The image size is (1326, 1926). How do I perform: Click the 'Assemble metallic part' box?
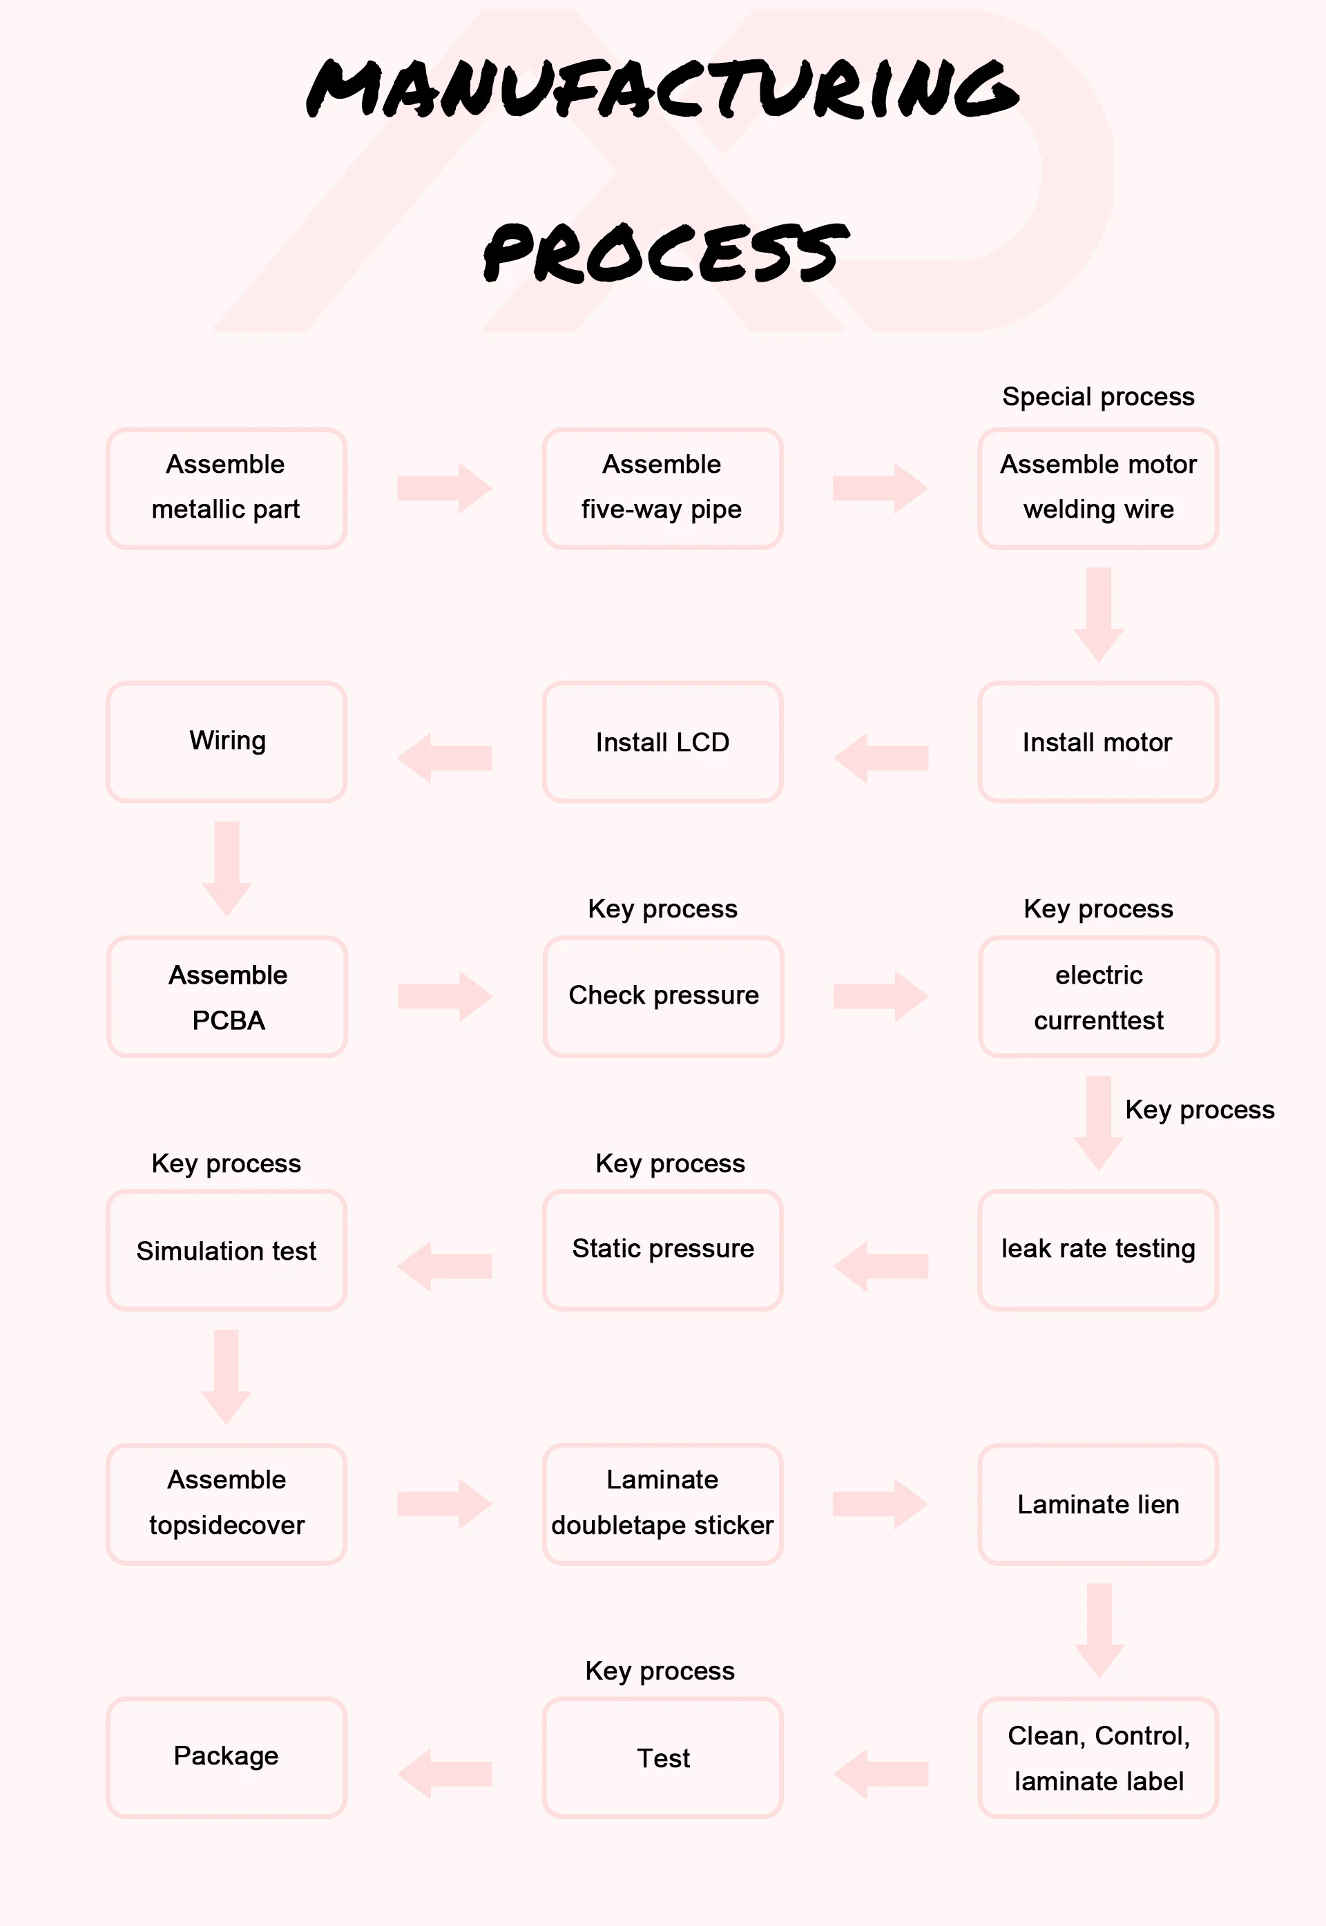click(x=226, y=488)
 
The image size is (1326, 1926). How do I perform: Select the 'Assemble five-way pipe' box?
click(x=662, y=488)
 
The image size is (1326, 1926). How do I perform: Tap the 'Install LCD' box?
click(x=662, y=741)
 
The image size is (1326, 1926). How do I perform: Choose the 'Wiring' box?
click(x=226, y=741)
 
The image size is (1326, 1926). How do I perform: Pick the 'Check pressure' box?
click(x=663, y=997)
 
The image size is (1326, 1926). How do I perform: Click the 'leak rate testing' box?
click(x=1098, y=1250)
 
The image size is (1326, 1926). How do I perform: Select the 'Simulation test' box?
click(x=226, y=1250)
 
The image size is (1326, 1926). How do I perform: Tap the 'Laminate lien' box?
click(x=1098, y=1504)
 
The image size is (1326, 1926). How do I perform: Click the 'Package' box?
click(x=226, y=1758)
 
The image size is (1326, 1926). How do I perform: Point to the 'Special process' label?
click(x=1098, y=397)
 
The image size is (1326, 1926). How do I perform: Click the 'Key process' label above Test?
click(x=660, y=1671)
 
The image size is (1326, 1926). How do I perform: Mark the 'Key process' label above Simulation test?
click(x=226, y=1164)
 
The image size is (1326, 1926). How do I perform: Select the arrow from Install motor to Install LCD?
click(x=881, y=757)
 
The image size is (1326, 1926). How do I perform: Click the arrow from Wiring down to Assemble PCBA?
click(x=227, y=868)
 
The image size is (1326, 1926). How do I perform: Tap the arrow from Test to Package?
click(x=445, y=1774)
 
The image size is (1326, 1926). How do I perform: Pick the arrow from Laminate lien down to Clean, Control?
click(x=1099, y=1631)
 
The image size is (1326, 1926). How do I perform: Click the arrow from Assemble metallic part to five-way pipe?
click(x=445, y=488)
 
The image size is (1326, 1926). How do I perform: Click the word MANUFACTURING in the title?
click(x=663, y=88)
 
